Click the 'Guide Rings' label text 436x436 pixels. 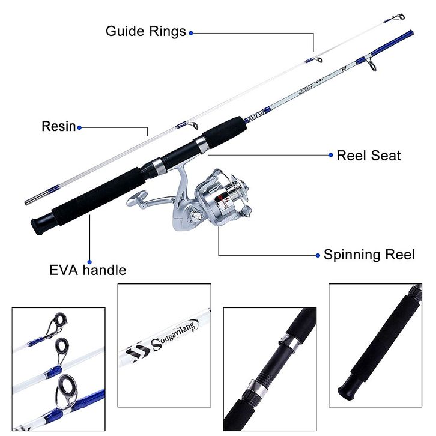(146, 31)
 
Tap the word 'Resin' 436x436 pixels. (58, 126)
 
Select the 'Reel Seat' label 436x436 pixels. (368, 156)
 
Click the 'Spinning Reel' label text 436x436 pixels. (369, 255)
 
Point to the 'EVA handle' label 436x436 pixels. (88, 270)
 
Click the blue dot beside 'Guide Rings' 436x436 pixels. (191, 32)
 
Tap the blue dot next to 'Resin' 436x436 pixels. (79, 127)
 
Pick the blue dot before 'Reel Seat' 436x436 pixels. (330, 155)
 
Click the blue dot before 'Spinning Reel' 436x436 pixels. (318, 255)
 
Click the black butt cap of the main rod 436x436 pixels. (39, 226)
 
